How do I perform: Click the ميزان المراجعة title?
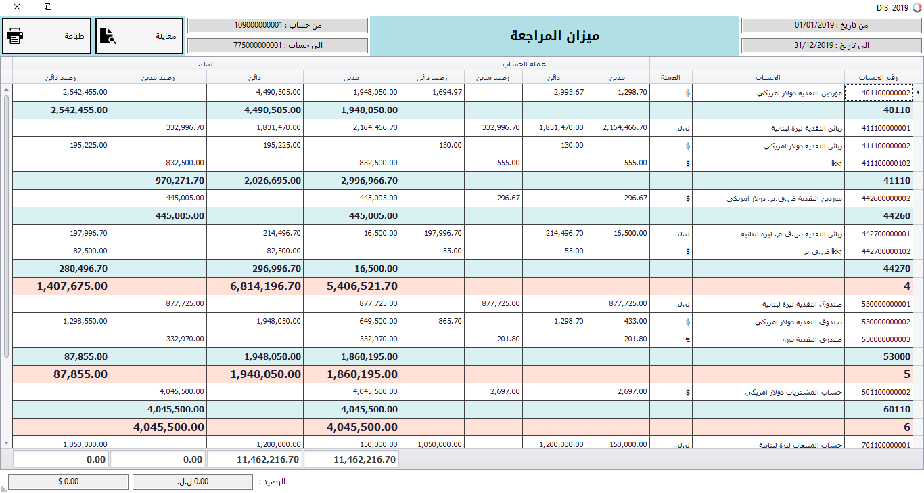click(555, 36)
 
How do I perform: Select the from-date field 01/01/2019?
click(831, 25)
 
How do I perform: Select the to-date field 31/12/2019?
click(831, 45)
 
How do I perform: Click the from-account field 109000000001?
click(277, 25)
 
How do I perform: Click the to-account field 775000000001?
click(277, 45)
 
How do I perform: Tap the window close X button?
click(16, 7)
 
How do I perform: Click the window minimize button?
click(79, 7)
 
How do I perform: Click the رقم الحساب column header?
click(877, 77)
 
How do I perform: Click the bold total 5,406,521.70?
click(362, 286)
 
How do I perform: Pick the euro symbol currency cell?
click(687, 339)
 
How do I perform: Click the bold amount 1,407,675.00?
click(72, 286)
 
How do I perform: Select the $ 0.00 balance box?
click(68, 481)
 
